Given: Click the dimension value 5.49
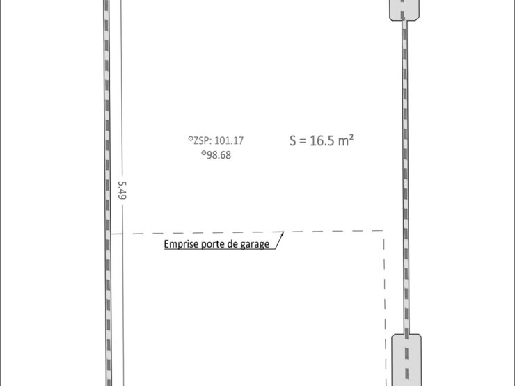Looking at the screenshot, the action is coord(122,190).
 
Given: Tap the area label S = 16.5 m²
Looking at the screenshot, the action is coord(322,140).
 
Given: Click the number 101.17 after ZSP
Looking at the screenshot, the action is coord(229,140).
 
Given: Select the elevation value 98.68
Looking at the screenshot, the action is coord(219,155).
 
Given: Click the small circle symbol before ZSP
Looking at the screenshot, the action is coord(191,138).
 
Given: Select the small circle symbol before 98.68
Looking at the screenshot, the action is coord(204,152).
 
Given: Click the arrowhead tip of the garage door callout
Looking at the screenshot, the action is coord(283,232).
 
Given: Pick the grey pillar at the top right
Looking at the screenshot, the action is coord(404,10).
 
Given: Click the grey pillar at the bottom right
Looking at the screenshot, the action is coord(406,360).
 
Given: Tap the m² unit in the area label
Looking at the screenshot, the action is coord(346,140).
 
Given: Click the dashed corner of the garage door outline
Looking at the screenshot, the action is coord(383,231).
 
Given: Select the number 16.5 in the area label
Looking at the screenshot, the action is coord(322,140).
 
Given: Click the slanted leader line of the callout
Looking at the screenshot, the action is coord(279,240).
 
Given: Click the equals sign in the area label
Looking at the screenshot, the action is coord(303,141).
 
